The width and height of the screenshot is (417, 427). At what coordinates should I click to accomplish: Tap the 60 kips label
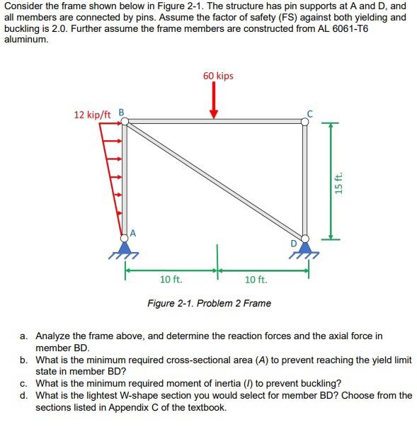218,76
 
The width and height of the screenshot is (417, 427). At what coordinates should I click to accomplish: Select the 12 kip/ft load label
92,113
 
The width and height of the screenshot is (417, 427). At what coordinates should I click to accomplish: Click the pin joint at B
125,122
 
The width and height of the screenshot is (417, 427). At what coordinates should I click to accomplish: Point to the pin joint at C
305,121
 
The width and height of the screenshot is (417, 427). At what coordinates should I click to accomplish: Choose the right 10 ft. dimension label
256,280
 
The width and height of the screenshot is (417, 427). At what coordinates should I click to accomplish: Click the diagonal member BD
215,180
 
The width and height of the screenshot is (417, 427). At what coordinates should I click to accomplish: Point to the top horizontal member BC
215,122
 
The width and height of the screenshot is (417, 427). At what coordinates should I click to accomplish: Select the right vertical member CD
305,180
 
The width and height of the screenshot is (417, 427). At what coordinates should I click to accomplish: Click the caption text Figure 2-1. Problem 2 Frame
208,303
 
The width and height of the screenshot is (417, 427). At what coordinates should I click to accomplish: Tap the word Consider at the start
24,6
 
